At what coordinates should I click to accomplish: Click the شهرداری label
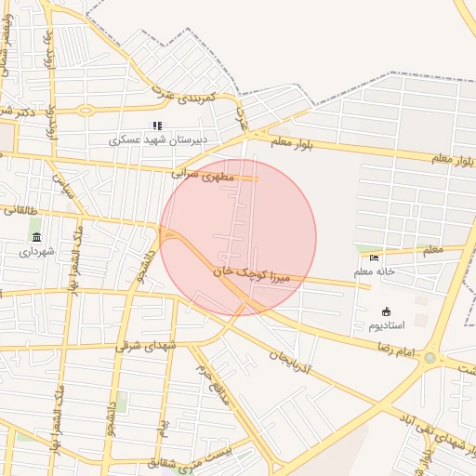pos(37,251)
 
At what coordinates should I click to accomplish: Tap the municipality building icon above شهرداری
pos(36,238)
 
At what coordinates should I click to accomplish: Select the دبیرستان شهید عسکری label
pos(157,139)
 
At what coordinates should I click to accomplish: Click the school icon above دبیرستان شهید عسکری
pos(157,126)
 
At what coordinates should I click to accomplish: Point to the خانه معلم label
pos(375,271)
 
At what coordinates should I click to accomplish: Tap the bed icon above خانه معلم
pos(375,258)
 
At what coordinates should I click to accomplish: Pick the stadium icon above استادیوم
pos(387,311)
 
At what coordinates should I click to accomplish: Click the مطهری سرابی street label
pos(199,173)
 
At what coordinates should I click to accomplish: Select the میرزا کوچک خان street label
pos(253,272)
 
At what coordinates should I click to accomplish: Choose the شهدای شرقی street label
pos(146,345)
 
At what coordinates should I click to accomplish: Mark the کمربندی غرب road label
pos(185,95)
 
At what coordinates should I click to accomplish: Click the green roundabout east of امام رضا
pos(430,358)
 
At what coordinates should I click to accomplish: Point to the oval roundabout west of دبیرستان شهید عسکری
pos(86,110)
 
